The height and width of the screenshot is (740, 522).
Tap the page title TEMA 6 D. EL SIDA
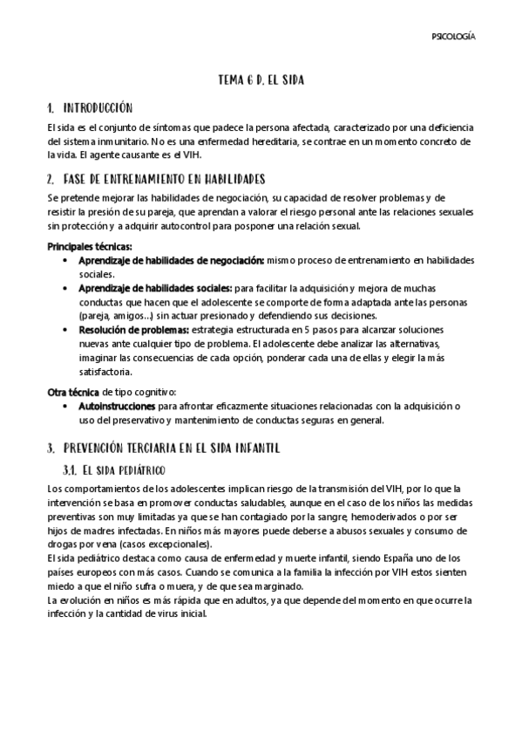click(261, 79)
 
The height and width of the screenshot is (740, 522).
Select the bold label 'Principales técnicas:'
click(89, 247)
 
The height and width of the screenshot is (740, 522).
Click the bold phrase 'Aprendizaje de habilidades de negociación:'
click(171, 260)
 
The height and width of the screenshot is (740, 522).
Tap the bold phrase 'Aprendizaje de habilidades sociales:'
click(155, 287)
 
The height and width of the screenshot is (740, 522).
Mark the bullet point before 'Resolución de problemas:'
click(68, 330)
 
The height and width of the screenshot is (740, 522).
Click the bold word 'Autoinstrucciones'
click(117, 406)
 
